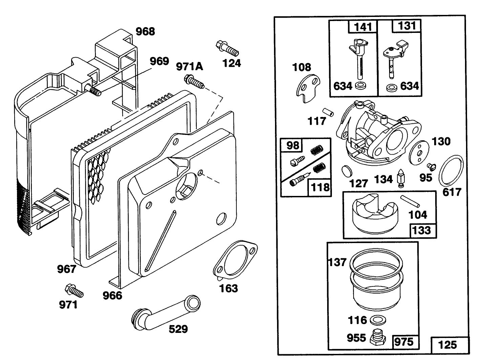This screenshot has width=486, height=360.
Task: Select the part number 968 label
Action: [x=145, y=32]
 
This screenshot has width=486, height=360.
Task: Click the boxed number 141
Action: [x=363, y=26]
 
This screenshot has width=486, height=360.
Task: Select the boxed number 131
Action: [x=406, y=26]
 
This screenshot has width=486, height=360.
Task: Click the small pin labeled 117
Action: [x=328, y=112]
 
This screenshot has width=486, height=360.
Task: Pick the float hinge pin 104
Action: [x=411, y=201]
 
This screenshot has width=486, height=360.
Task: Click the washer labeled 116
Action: [x=377, y=320]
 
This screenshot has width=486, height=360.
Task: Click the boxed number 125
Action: [x=447, y=345]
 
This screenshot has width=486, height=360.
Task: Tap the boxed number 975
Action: [x=404, y=341]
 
